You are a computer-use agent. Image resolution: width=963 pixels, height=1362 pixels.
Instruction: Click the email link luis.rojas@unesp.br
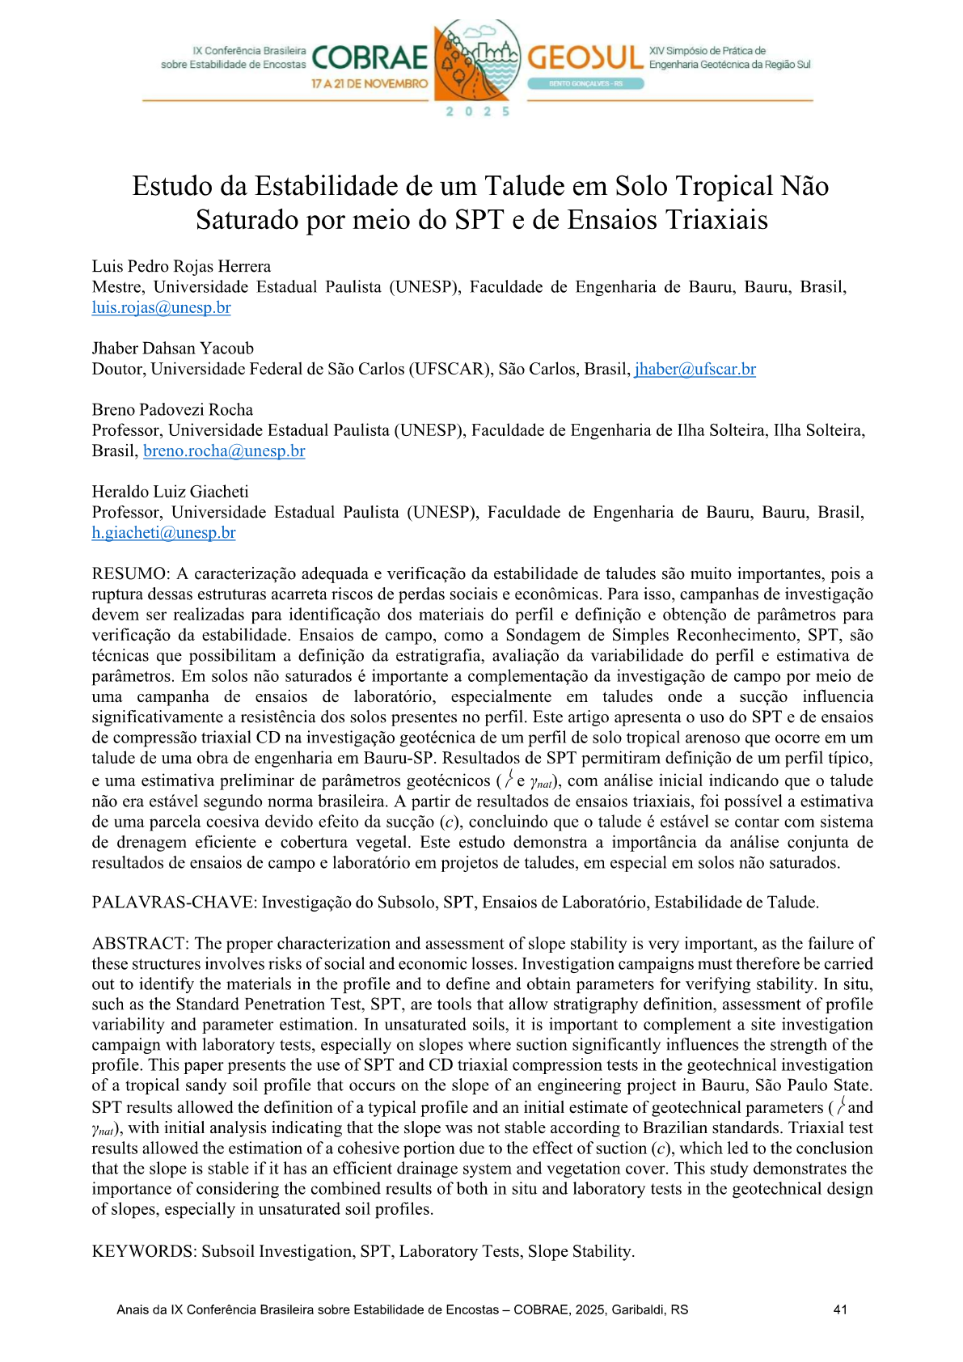pyautogui.click(x=161, y=307)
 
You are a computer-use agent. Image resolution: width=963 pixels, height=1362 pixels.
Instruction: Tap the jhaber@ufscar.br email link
pyautogui.click(x=695, y=369)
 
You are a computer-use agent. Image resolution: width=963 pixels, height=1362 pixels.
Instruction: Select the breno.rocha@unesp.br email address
pyautogui.click(x=224, y=450)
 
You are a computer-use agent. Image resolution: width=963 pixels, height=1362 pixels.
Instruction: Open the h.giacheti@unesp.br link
pyautogui.click(x=163, y=532)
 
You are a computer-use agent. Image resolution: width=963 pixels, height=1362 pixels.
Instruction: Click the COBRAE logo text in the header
pyautogui.click(x=370, y=58)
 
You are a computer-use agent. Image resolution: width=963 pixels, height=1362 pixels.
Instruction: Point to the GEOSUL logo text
pyautogui.click(x=585, y=57)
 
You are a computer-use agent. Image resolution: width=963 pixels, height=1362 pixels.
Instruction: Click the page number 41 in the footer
pyautogui.click(x=840, y=1309)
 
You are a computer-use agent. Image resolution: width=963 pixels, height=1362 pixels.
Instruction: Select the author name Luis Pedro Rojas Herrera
pyautogui.click(x=181, y=266)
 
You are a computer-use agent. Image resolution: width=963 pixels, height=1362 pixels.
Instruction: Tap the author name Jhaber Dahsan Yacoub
pyautogui.click(x=172, y=348)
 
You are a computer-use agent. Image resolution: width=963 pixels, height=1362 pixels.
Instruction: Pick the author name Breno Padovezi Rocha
pyautogui.click(x=172, y=409)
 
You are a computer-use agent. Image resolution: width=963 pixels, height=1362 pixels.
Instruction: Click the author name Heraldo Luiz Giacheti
pyautogui.click(x=170, y=491)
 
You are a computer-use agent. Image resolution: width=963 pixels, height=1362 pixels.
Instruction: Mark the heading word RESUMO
pyautogui.click(x=129, y=573)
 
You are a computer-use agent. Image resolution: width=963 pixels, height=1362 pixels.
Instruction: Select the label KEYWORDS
pyautogui.click(x=143, y=1251)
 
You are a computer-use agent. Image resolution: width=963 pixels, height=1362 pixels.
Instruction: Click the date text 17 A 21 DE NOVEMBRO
pyautogui.click(x=370, y=83)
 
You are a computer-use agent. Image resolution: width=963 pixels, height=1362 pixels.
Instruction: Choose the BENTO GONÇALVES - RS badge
pyautogui.click(x=585, y=83)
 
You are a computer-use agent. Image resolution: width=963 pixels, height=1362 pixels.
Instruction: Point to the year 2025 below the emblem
pyautogui.click(x=478, y=112)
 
